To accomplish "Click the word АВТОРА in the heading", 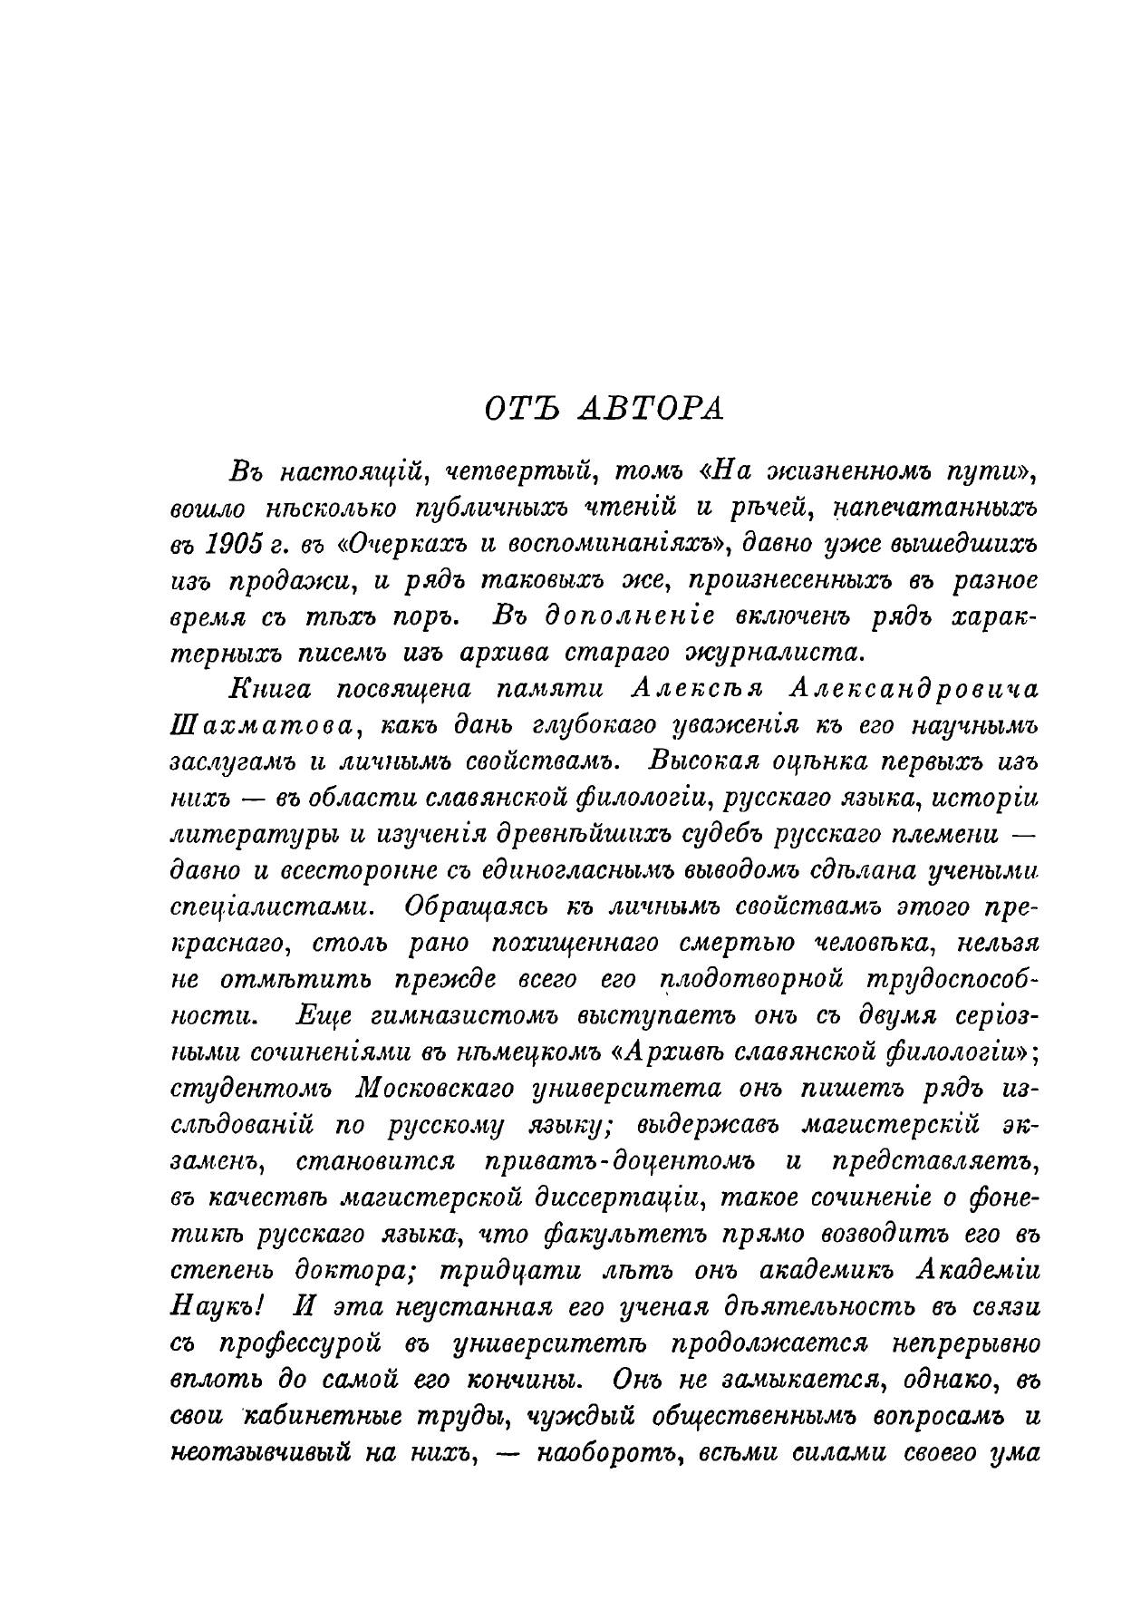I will [651, 409].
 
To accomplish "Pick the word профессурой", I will [300, 1343].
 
